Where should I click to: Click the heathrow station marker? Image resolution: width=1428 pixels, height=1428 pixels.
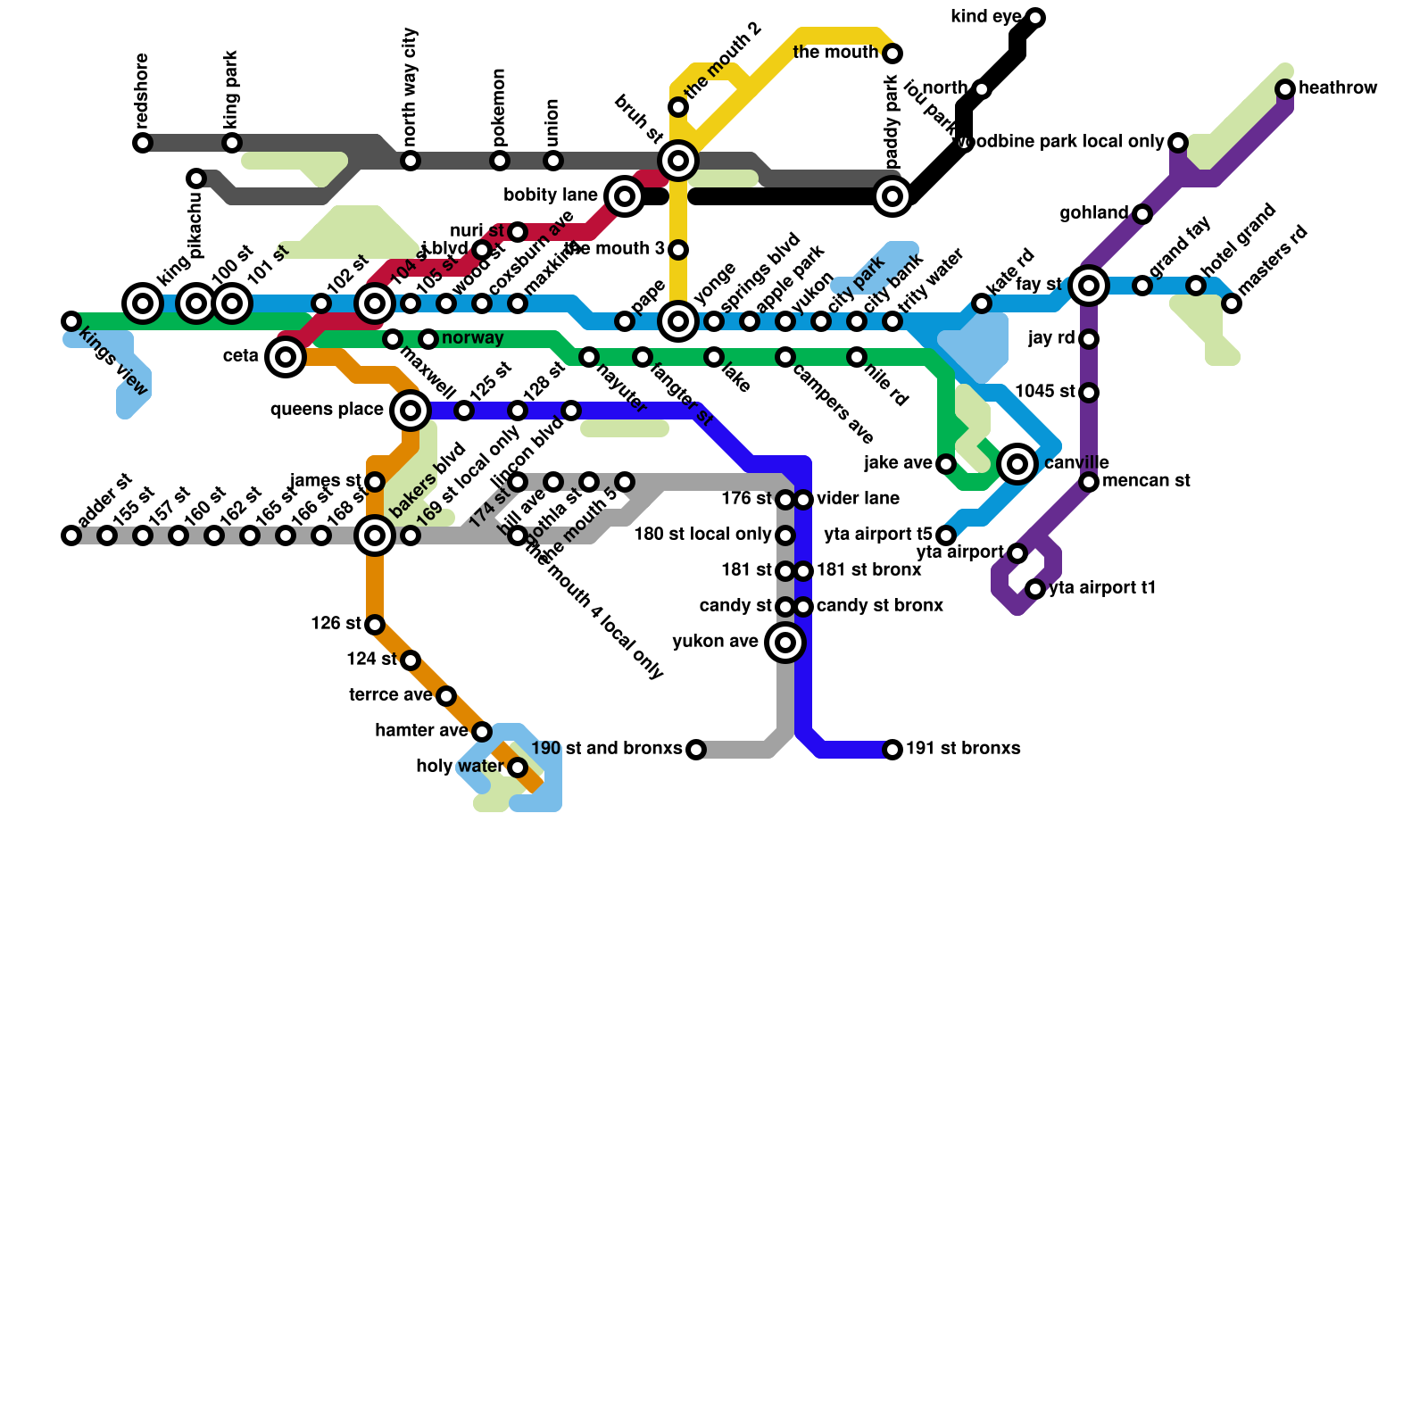[1285, 89]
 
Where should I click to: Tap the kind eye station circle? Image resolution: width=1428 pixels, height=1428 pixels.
[1035, 18]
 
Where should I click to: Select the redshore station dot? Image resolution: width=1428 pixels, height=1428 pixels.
[143, 143]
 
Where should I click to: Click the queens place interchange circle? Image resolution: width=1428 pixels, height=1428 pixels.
[411, 411]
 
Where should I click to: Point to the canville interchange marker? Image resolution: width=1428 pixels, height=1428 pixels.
[1017, 464]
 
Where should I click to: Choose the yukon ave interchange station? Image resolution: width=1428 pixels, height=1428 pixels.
[785, 643]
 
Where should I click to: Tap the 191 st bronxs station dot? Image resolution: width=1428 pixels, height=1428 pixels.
[892, 750]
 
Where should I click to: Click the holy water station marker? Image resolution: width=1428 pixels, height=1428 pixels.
[518, 768]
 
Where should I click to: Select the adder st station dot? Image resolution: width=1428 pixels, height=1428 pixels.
[71, 535]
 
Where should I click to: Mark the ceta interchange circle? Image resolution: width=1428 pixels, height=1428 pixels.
[286, 357]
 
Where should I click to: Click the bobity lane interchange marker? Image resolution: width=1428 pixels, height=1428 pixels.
[625, 196]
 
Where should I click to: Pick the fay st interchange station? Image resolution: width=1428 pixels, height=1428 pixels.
[1089, 286]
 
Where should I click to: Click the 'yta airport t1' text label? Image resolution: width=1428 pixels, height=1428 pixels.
[1102, 588]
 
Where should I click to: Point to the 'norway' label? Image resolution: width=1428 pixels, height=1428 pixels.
[473, 338]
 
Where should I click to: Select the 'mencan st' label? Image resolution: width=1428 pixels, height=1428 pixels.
[1146, 481]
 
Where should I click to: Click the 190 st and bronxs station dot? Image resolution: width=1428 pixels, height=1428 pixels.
[696, 750]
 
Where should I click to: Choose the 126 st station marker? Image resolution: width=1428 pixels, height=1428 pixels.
[375, 625]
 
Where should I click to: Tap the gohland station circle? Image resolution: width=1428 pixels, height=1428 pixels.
[1142, 214]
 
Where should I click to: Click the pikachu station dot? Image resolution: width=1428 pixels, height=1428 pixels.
[196, 178]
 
